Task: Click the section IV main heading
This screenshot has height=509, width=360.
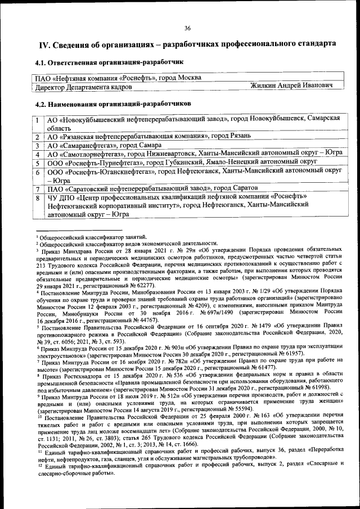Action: coord(187,44)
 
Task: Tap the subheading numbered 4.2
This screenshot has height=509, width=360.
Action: coord(112,103)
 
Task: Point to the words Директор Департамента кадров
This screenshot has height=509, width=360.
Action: coord(84,87)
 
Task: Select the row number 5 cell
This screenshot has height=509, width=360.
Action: coord(37,162)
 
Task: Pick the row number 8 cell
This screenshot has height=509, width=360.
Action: coord(37,197)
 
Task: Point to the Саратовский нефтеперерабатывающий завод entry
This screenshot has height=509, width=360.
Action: coord(152,188)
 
